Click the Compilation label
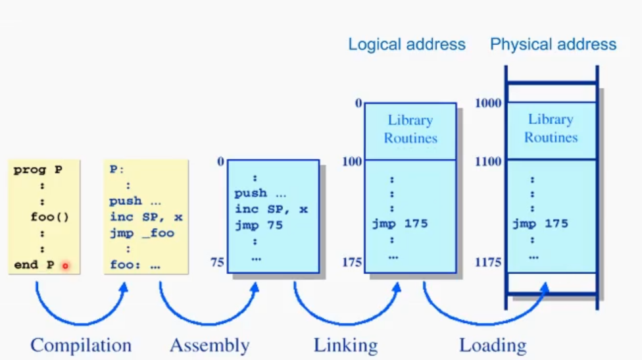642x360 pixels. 81,346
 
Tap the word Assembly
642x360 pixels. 209,346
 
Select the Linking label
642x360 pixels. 345,346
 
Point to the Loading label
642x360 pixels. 493,346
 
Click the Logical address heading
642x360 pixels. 407,45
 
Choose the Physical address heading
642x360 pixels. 553,45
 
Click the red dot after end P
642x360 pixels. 65,266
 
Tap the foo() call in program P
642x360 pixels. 50,217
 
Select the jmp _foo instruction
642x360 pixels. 141,233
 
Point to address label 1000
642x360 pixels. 488,103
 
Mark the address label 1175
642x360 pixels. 488,263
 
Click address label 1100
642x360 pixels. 488,161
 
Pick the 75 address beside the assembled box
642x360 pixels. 217,263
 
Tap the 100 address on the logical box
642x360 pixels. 352,161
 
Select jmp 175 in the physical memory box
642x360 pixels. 540,224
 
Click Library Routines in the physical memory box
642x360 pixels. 551,128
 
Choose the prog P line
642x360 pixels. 37,170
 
